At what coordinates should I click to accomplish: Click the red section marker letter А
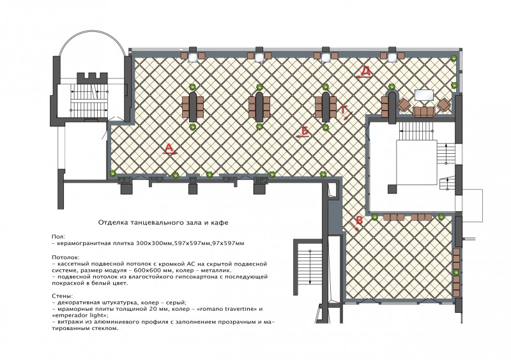[x=169, y=148]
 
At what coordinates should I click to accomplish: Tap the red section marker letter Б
[x=305, y=130]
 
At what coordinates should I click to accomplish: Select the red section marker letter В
[x=359, y=220]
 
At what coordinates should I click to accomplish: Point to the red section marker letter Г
[x=344, y=109]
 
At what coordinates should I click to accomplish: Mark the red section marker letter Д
[x=365, y=71]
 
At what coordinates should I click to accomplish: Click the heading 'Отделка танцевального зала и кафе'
[x=164, y=223]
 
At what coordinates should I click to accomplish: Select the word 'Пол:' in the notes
[x=58, y=237]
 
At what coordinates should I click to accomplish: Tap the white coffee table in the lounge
[x=423, y=96]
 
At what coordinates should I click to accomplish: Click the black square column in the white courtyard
[x=392, y=189]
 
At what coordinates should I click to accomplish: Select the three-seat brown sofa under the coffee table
[x=423, y=112]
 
